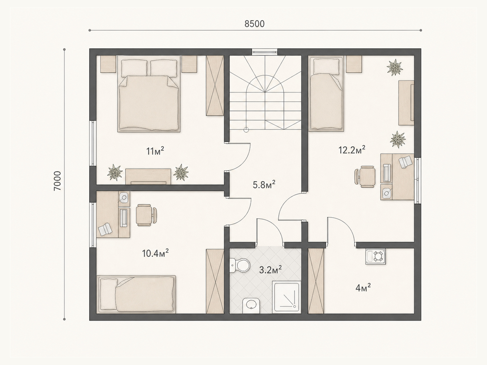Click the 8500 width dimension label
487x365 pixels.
click(254, 24)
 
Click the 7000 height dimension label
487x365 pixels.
click(57, 181)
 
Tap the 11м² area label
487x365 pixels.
click(155, 151)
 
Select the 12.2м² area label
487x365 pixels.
click(352, 150)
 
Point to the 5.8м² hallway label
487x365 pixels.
click(264, 184)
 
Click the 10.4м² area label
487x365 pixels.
click(155, 253)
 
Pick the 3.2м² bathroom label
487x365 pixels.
click(271, 270)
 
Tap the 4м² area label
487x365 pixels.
click(363, 288)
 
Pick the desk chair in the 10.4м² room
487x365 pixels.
click(146, 215)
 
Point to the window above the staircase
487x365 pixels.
click(265, 52)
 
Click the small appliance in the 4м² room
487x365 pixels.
click(375, 256)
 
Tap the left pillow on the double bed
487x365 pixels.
click(134, 68)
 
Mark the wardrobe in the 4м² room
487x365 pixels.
click(316, 281)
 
